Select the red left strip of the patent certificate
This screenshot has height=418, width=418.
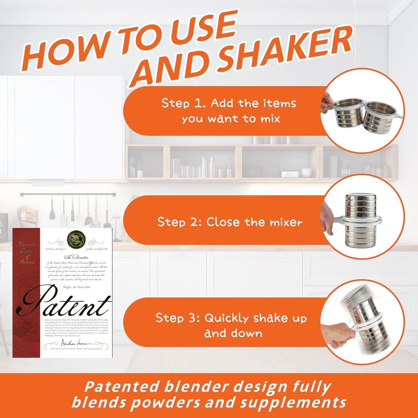(x=26, y=293)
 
